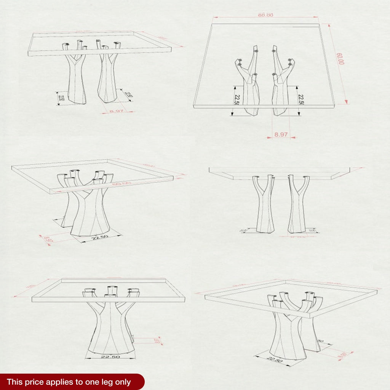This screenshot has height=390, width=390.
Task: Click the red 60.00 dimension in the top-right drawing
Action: click(340, 58)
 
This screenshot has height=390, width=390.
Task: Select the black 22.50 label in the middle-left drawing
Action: click(100, 237)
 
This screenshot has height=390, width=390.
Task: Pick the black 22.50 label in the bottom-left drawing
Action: click(110, 357)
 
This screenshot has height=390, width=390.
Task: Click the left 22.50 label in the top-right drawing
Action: click(237, 100)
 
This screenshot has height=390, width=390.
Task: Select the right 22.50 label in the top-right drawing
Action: click(300, 100)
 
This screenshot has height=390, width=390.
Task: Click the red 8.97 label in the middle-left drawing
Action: click(48, 240)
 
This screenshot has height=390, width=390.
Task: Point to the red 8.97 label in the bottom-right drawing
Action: click(343, 355)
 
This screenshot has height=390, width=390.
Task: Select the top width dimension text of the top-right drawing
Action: click(266, 15)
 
